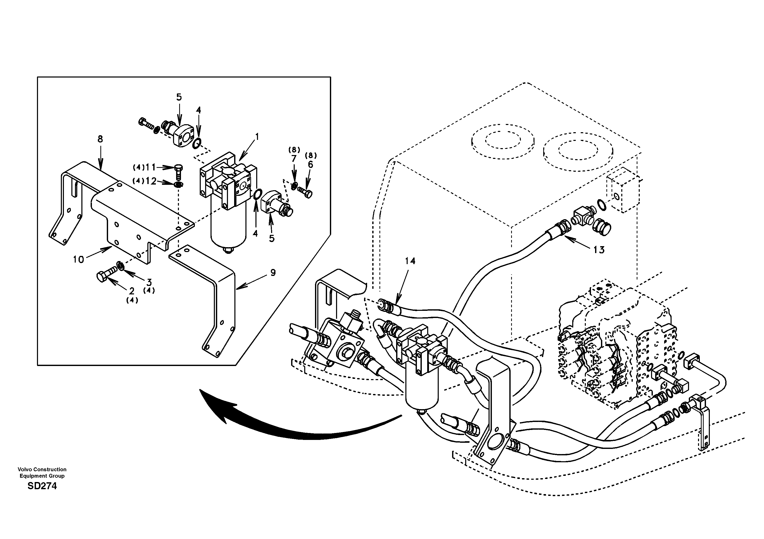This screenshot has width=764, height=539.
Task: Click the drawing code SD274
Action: point(42,486)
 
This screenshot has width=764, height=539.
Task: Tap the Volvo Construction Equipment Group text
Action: point(42,473)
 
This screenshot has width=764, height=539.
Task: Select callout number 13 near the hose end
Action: point(599,249)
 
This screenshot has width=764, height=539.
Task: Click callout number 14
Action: point(410,261)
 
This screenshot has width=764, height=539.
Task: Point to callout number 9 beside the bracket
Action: point(273,273)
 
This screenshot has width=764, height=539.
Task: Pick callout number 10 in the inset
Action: point(79,259)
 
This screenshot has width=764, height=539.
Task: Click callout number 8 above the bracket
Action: point(100,139)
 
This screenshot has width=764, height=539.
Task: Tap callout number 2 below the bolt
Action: point(131,291)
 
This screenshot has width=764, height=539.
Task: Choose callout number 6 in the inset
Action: point(310,164)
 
